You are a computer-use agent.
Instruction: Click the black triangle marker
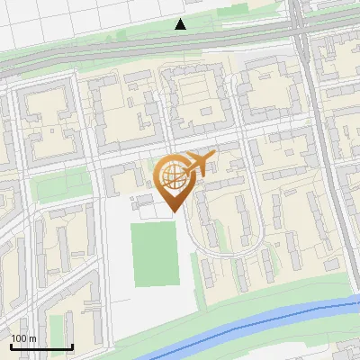[181, 24]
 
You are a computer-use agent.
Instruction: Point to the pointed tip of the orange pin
[173, 212]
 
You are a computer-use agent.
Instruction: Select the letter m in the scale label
[33, 338]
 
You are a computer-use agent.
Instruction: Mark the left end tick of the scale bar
[10, 346]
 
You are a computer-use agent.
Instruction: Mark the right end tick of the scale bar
[72, 346]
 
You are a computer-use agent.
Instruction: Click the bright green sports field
[155, 255]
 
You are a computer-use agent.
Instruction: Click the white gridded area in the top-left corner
[36, 18]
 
